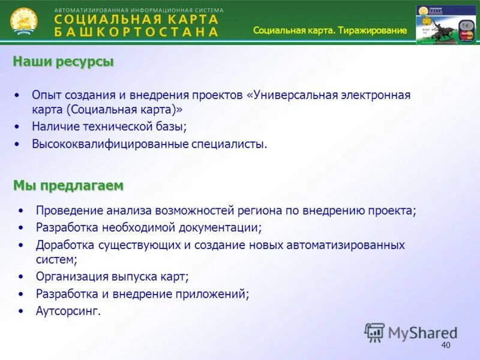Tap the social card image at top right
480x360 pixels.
coord(446,25)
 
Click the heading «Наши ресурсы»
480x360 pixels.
coord(63,61)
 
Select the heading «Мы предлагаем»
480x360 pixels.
coord(68,186)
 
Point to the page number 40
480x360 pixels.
coord(445,345)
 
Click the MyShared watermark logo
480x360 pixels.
coord(411,332)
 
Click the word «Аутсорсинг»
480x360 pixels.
coord(68,311)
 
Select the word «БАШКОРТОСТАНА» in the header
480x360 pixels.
coord(136,32)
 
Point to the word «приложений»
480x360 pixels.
coord(218,294)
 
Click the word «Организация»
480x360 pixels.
coord(72,277)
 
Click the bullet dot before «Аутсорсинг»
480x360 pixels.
coord(22,311)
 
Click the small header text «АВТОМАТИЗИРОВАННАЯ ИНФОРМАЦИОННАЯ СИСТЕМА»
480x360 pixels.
coord(139,10)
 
